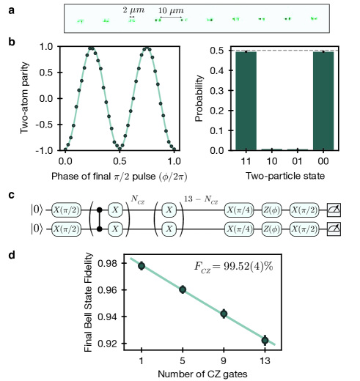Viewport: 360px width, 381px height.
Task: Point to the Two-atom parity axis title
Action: point(32,98)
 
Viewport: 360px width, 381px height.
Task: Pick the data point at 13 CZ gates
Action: point(265,340)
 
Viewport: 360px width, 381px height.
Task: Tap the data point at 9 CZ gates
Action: point(224,314)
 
